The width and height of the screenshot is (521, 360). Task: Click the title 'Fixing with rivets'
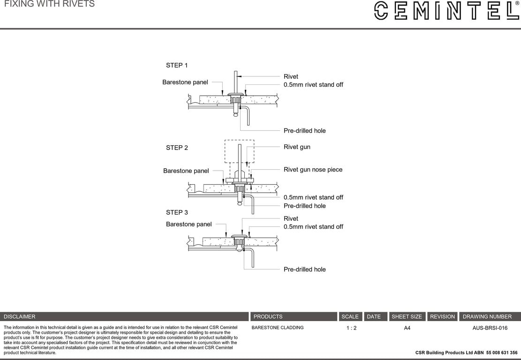coord(49,4)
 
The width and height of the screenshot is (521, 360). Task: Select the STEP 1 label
coord(177,65)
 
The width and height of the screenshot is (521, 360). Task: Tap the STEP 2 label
coord(177,148)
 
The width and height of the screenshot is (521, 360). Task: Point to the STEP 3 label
coord(177,212)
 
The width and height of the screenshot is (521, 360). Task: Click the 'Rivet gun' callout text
coord(297,147)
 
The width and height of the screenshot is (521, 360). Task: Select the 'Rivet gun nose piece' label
coord(313,170)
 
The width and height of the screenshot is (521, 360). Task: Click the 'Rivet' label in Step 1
coord(291,76)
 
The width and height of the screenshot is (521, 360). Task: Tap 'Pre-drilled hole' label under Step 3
coord(304,270)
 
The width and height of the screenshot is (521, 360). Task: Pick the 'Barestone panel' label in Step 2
coord(186,171)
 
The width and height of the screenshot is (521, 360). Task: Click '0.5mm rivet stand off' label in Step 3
coord(313,227)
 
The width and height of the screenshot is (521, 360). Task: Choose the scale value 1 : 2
coord(351,328)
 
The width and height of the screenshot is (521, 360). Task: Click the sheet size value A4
coord(407,328)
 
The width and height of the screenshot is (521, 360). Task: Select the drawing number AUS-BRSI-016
coord(490,328)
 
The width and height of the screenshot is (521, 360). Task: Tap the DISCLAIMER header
coord(20,317)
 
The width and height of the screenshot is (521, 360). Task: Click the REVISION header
coord(442,317)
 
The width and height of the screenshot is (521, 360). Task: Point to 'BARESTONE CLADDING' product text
coord(278,328)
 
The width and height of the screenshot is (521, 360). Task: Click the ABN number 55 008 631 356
coord(502,352)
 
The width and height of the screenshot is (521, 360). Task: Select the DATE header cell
coord(374,317)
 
